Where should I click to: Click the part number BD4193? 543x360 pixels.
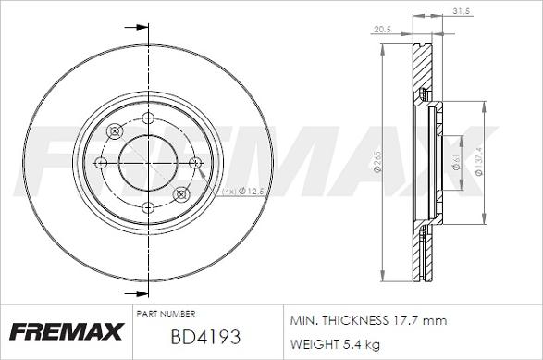[x=204, y=336]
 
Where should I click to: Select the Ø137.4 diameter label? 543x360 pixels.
[x=478, y=163]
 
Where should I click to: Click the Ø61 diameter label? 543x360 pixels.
[x=456, y=163]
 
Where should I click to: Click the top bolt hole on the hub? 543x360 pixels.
[x=148, y=117]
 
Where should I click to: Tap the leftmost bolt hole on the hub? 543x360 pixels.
[x=102, y=163]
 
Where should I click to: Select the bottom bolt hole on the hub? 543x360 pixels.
[x=148, y=209]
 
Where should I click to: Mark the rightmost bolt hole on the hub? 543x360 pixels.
[x=194, y=163]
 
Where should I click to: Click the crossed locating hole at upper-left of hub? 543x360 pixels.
[x=115, y=130]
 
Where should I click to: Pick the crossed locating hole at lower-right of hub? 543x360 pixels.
[x=181, y=194]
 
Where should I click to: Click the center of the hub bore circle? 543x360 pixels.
[x=148, y=163]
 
